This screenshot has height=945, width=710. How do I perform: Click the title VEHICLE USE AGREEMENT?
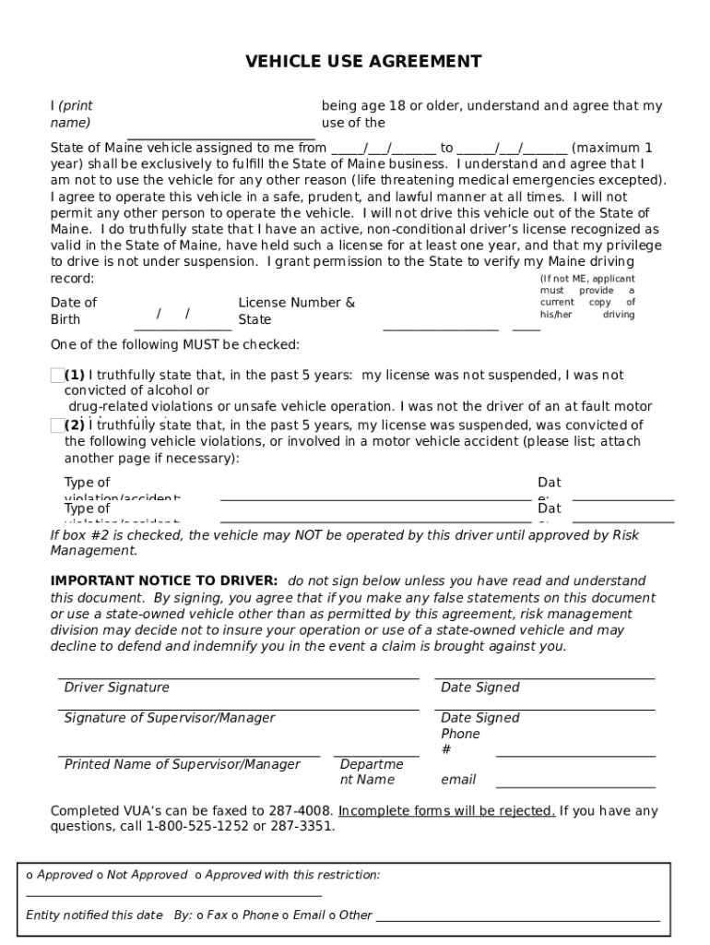(x=363, y=62)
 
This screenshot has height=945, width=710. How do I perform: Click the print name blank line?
(x=221, y=135)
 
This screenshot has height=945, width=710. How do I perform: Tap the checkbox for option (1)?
(x=57, y=375)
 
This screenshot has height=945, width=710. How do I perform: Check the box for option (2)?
(x=57, y=425)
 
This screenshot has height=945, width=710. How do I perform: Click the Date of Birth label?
(x=73, y=311)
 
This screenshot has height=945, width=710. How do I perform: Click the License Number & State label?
(x=296, y=311)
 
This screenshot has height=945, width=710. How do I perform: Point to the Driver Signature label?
(x=116, y=688)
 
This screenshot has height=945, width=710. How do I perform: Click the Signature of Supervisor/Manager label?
(x=169, y=718)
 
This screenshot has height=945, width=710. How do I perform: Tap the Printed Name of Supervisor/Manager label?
(x=182, y=764)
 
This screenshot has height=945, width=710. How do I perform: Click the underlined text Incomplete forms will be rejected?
(x=446, y=811)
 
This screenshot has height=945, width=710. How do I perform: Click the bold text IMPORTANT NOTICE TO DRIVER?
(x=163, y=580)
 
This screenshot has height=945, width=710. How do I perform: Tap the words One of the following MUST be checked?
(x=174, y=345)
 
